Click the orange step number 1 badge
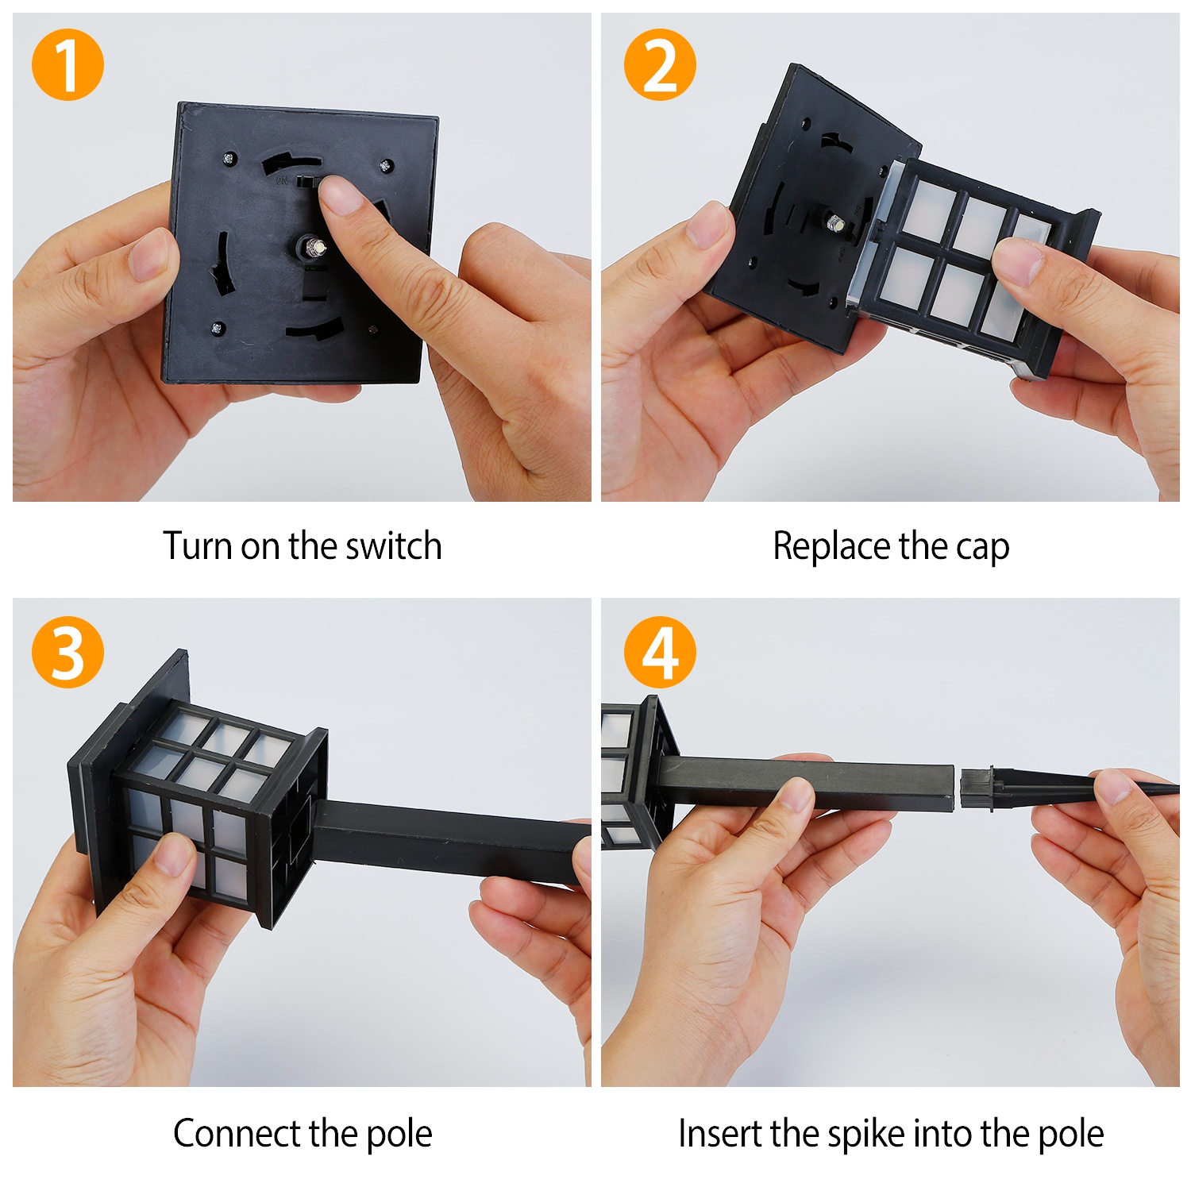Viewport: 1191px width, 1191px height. coord(67,64)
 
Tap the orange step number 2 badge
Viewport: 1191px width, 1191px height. coord(659,64)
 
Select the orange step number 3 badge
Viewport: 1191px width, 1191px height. coord(67,652)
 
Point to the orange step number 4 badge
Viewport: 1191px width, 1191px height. coord(659,652)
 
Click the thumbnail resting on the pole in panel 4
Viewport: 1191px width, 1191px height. coord(796,795)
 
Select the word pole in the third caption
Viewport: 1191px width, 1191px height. coord(399,1135)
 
